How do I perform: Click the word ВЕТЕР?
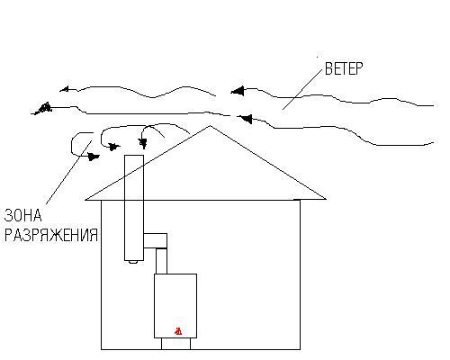click(344, 68)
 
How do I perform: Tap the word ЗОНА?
click(22, 215)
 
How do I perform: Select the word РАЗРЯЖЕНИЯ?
click(51, 235)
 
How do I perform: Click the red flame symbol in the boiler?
click(178, 331)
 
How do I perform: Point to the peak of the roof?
click(211, 126)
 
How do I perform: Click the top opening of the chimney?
click(134, 156)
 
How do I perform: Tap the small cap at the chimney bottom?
click(133, 262)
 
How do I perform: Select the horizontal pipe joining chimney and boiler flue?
click(155, 240)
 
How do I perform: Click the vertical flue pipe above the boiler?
click(161, 261)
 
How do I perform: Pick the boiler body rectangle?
click(175, 306)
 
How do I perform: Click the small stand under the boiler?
click(176, 344)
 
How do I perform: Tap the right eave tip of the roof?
click(326, 199)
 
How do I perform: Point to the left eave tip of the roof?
click(85, 200)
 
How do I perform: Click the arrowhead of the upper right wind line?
click(238, 91)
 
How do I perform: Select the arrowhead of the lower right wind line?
click(245, 119)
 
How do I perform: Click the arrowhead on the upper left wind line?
click(64, 89)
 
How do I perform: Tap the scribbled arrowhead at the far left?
click(42, 108)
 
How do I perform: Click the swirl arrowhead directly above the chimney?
click(143, 143)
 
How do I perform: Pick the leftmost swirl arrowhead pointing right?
click(94, 157)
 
